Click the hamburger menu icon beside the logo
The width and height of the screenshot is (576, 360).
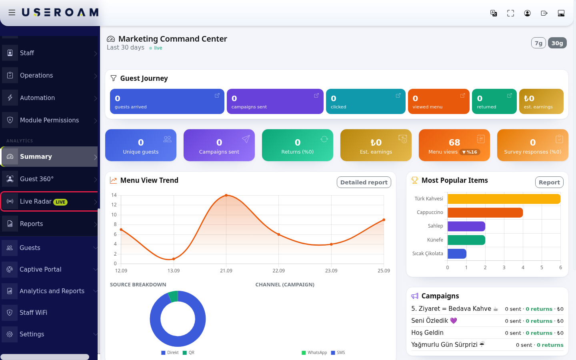tap(12, 12)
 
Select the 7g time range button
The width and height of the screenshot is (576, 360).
tap(538, 43)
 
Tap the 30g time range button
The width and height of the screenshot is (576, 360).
tap(557, 43)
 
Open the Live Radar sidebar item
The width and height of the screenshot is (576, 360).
tap(49, 201)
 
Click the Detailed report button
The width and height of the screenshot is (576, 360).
tap(364, 182)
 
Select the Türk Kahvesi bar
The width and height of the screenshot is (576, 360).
tap(504, 199)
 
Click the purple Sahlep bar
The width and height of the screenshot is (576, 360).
tap(466, 226)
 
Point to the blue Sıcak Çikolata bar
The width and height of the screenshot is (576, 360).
tap(457, 254)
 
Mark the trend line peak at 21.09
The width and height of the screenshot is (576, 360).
tap(226, 196)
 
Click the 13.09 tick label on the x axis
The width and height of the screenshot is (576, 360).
tap(174, 271)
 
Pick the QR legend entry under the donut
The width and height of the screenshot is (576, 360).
tap(188, 352)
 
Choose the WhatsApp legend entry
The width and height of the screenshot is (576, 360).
tap(314, 352)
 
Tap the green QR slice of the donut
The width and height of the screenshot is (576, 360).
tap(173, 296)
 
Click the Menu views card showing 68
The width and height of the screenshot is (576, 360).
tap(454, 145)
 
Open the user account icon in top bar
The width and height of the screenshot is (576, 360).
tap(527, 13)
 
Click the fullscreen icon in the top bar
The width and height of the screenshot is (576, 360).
tap(510, 13)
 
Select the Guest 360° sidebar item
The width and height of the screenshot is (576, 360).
tap(49, 179)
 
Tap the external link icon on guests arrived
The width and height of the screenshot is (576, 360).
tap(217, 96)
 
